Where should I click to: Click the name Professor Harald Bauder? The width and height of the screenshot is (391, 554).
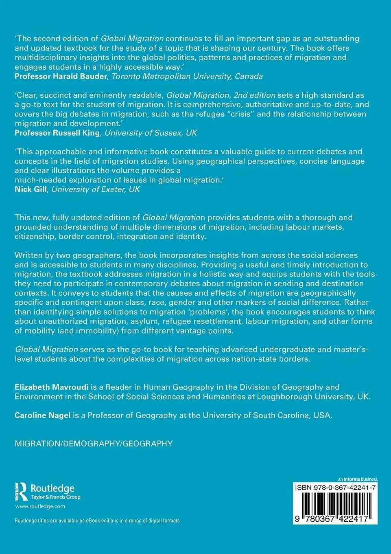61,76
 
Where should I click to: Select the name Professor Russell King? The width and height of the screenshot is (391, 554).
57,133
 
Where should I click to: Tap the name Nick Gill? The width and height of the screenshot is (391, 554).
31,189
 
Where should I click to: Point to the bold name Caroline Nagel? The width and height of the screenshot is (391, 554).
42,415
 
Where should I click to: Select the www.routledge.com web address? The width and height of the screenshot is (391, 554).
40,506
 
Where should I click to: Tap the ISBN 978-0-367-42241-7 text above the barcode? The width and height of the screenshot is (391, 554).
335,488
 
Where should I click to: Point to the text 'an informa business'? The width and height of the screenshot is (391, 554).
358,479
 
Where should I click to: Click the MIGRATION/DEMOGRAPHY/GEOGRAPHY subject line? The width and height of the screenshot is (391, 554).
94,444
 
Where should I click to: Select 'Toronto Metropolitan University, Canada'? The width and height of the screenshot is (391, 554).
187,76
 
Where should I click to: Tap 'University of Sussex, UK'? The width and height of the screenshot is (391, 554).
151,133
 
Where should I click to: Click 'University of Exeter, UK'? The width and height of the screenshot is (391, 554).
96,189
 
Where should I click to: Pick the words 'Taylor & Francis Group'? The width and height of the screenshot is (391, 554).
56,497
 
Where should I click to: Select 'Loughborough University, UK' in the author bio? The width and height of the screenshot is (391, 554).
313,396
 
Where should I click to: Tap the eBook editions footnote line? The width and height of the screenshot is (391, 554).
97,521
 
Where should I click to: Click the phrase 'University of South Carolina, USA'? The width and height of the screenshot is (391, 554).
267,415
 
